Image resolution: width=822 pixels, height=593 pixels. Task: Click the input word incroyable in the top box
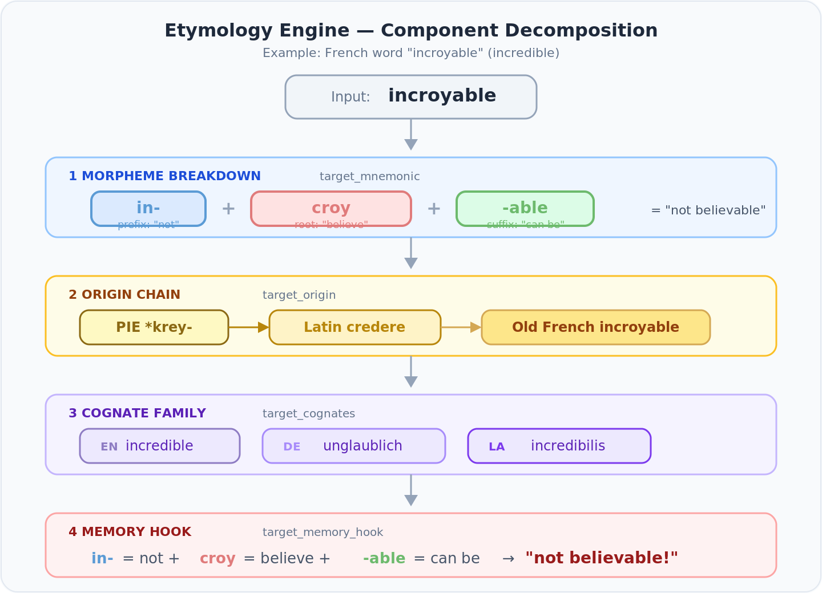coord(442,96)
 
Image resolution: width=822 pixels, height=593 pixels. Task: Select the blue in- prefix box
coord(148,208)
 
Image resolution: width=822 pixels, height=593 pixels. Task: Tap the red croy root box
coord(331,208)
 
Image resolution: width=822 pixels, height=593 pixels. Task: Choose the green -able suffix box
coord(525,208)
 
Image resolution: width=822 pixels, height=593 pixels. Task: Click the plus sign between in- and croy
coord(228,209)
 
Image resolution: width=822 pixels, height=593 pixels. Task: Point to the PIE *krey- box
coord(154,327)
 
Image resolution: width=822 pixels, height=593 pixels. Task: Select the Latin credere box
coord(355,327)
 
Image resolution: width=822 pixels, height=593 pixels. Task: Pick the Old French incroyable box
coord(595,327)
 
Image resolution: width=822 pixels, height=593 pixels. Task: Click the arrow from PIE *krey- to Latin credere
coord(249,327)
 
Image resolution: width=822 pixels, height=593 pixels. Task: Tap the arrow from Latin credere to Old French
coord(461,327)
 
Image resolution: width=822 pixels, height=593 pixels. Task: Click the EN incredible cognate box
coord(160,446)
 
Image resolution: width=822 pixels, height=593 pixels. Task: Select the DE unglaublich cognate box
coord(354,446)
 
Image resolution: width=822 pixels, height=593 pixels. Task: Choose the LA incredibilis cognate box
coord(559,446)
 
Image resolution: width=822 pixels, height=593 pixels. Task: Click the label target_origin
coord(299,295)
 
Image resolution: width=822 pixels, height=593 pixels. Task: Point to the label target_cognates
coord(309,413)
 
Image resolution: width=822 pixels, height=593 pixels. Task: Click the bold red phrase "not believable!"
coord(602,558)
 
